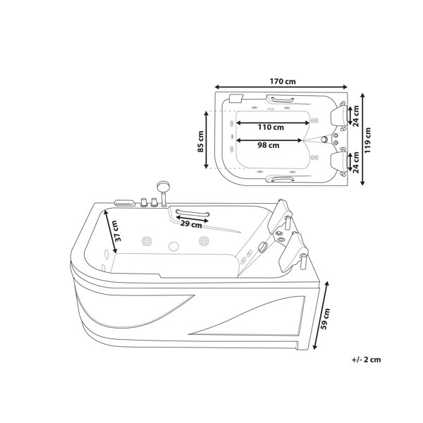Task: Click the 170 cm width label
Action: (283, 81)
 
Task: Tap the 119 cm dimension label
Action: (368, 140)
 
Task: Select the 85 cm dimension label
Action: (200, 142)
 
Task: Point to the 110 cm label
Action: (271, 127)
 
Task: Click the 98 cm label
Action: (269, 145)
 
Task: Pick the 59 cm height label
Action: (326, 319)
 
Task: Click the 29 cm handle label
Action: (191, 224)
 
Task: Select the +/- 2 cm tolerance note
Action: (367, 360)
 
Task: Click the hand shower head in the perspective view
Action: (163, 186)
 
